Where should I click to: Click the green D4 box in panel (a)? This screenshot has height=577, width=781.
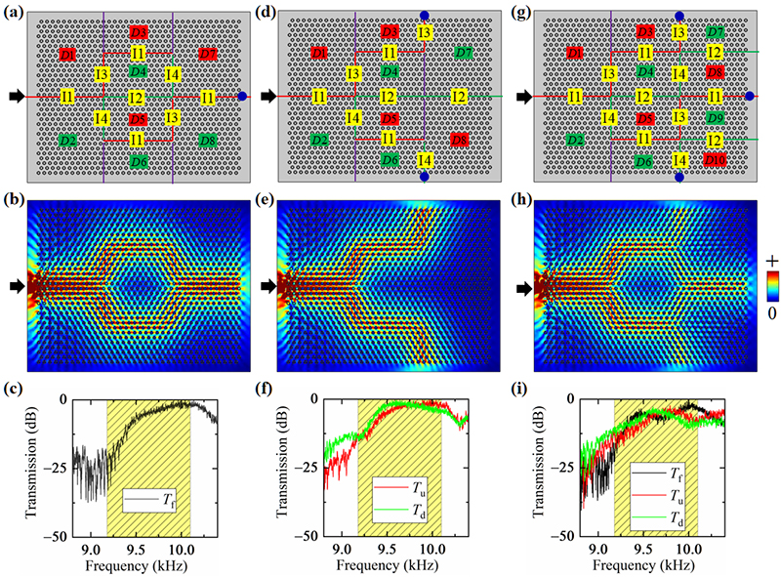[x=138, y=71]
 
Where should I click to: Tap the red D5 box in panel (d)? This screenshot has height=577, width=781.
[x=390, y=119]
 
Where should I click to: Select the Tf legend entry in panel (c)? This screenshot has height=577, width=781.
[x=155, y=506]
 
